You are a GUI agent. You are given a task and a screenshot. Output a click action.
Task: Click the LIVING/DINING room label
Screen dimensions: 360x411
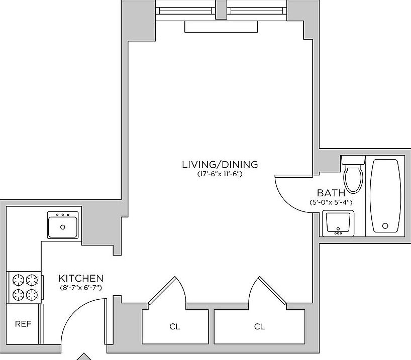pos(220,164)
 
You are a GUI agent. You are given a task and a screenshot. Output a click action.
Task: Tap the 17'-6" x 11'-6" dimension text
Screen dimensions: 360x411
pos(220,174)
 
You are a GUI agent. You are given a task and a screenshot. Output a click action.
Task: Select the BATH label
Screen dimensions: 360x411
pos(331,193)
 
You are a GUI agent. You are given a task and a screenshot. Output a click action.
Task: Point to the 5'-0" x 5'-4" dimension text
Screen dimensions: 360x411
pos(331,202)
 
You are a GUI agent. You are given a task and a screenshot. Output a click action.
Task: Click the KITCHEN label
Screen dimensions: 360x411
pos(81,278)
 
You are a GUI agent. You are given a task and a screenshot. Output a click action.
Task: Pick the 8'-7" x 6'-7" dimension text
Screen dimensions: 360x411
pos(81,288)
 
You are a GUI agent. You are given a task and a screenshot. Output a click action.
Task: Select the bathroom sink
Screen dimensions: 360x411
pos(338,223)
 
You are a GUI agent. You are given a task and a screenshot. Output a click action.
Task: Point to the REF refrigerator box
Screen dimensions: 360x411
pos(23,324)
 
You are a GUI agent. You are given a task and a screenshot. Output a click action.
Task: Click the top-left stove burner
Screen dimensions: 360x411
pos(18,279)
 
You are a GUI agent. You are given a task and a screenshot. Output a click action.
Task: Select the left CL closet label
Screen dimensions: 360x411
pos(174,327)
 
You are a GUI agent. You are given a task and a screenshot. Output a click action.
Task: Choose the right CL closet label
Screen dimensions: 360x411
pos(259,327)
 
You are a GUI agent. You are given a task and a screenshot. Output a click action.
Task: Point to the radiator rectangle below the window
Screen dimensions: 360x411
pos(221,27)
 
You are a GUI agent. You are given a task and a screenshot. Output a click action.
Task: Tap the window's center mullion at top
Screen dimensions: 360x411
pos(222,9)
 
